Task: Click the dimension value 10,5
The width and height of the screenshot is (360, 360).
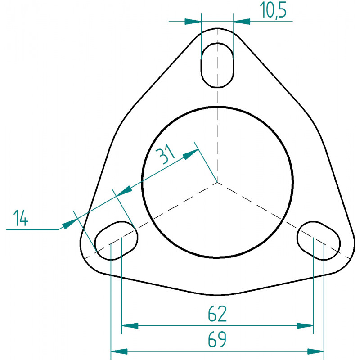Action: coord(273,10)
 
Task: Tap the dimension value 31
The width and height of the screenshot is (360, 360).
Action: coord(165,154)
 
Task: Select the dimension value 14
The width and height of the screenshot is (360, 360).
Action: coord(21,218)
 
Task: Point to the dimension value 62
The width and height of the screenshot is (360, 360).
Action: coord(217,313)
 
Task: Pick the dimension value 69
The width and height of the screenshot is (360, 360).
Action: coord(217,339)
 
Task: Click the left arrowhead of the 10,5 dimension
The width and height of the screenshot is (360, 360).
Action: coord(193,22)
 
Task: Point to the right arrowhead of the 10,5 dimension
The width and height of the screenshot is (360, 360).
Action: coord(242,22)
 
